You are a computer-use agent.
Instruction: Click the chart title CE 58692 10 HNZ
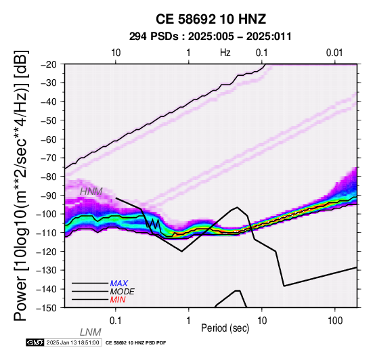[211, 19]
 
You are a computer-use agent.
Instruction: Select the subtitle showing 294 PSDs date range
[211, 37]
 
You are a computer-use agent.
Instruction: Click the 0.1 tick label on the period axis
[116, 321]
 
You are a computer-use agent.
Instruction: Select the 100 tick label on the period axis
[335, 321]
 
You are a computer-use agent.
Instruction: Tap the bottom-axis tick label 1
[189, 321]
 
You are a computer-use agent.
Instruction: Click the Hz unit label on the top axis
[225, 53]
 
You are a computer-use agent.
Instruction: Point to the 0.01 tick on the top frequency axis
[334, 53]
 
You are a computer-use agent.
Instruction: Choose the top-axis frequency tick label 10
[116, 53]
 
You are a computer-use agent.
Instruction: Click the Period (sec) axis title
[225, 328]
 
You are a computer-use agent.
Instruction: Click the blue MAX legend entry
[119, 284]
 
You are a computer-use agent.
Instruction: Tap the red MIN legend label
[118, 300]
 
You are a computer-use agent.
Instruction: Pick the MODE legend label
[123, 292]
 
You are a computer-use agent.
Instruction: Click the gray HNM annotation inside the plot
[91, 192]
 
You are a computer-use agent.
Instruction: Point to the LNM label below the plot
[91, 332]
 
